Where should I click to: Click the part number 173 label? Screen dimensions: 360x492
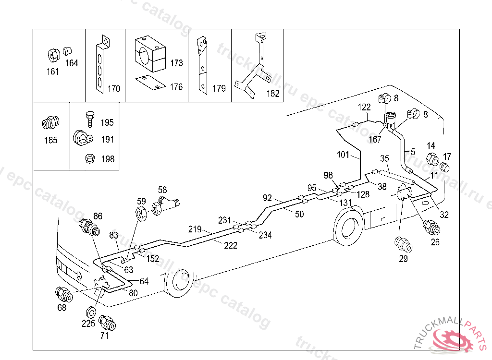click(x=176, y=63)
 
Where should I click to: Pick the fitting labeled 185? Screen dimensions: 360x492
click(x=49, y=123)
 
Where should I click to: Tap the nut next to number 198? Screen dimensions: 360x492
click(x=89, y=158)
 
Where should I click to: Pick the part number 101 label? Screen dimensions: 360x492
click(x=344, y=155)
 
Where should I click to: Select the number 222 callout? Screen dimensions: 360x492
click(x=231, y=245)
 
